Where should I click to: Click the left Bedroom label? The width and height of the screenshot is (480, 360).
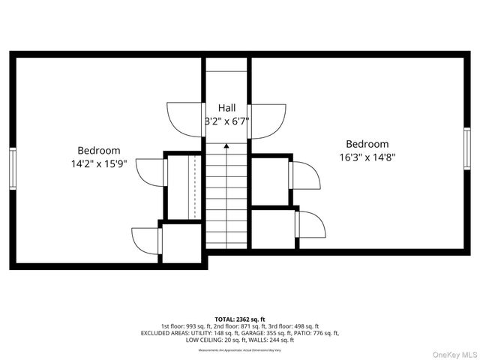click(x=98, y=150)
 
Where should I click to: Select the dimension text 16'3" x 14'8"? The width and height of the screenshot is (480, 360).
click(x=367, y=157)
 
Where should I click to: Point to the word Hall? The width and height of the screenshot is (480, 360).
click(x=226, y=108)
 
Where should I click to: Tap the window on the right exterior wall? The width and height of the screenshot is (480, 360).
click(x=466, y=149)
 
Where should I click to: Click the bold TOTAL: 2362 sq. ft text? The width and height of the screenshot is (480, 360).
click(x=240, y=319)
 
